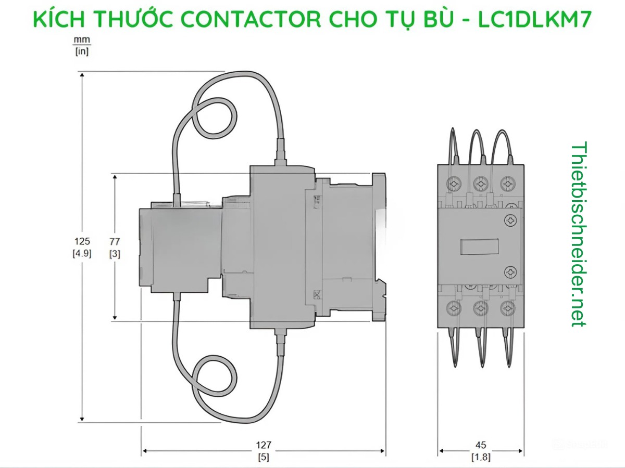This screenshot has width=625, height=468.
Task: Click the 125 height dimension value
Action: click(82, 241)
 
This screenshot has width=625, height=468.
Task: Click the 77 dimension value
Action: click(115, 241)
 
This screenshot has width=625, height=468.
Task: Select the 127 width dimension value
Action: click(264, 445)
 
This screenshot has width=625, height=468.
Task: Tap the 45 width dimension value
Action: click(481, 445)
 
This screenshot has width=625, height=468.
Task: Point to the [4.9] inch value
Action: click(82, 254)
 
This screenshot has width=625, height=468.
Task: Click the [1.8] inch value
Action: click(481, 458)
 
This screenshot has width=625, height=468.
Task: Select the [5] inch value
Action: click(264, 458)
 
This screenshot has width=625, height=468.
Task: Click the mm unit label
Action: click(81, 40)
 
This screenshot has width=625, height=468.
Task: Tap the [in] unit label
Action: click(81, 51)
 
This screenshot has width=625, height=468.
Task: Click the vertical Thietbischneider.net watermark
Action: click(578, 234)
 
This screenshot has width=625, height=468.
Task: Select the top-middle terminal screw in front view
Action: click(480, 184)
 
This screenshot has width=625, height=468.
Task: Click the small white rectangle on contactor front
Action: click(479, 246)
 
